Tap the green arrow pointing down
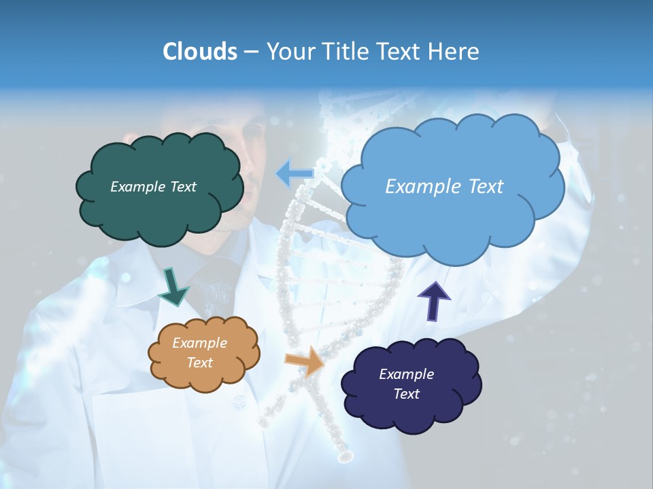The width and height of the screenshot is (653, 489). tap(173, 285)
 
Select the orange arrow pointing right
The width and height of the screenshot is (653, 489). tap(305, 361)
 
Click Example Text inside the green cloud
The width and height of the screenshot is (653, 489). tap(153, 187)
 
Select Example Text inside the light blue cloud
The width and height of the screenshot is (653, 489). tap(444, 186)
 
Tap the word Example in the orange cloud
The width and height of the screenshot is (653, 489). tap(199, 344)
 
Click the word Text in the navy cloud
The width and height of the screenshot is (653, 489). tap(406, 394)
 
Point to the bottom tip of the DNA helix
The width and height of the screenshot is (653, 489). tap(345, 456)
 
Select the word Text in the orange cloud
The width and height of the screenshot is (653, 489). tap(199, 363)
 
